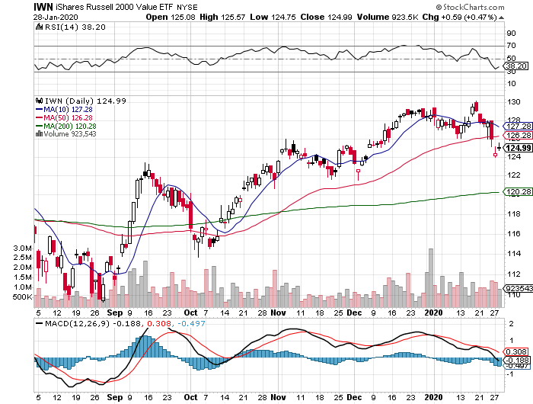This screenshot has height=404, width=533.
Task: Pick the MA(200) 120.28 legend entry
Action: click(x=71, y=126)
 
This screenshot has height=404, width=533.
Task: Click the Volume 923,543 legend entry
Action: click(x=72, y=134)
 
